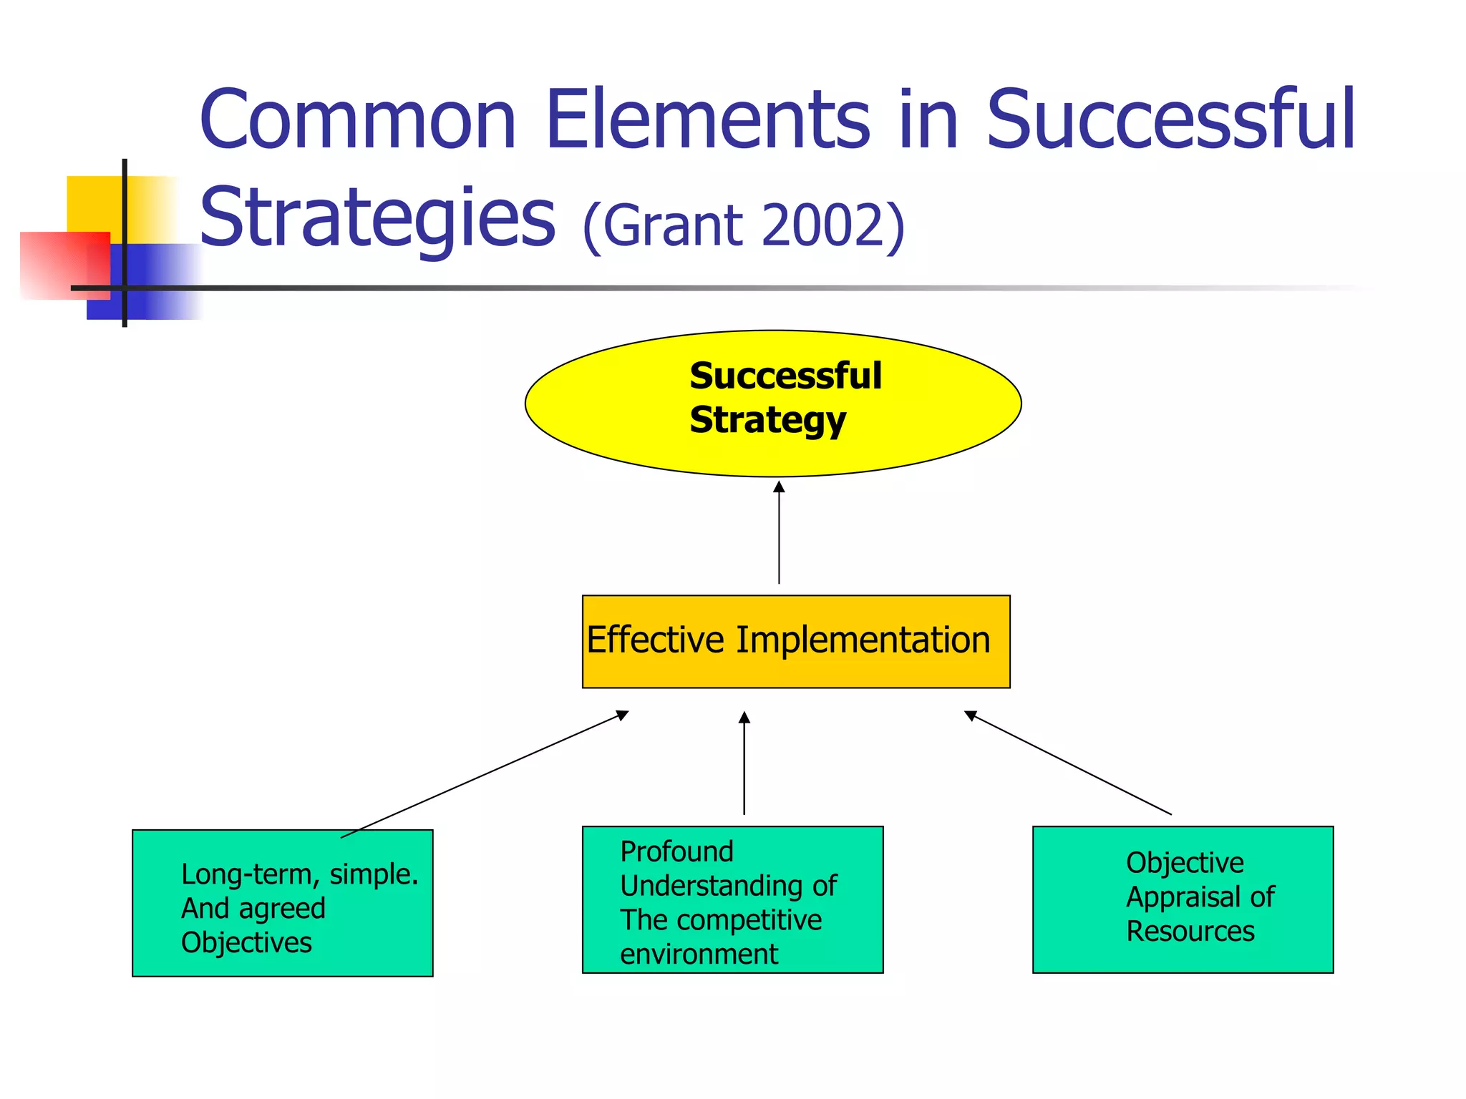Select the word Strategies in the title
point(377,218)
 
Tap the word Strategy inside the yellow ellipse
point(767,420)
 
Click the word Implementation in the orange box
point(863,640)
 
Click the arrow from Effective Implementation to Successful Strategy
point(779,533)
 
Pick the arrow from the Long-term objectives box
point(485,774)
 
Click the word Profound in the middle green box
point(676,851)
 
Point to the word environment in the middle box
point(699,954)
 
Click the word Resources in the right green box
point(1190,932)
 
